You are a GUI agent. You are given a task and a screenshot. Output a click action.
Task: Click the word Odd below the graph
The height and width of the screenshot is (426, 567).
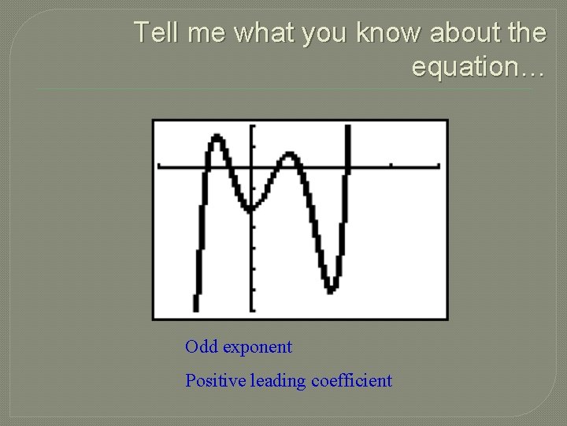tap(202, 347)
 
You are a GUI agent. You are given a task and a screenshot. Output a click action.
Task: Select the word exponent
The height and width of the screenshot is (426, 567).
tap(257, 347)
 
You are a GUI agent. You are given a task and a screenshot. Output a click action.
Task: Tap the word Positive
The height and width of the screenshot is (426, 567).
tap(216, 381)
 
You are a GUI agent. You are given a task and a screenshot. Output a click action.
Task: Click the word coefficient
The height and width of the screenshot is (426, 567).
tap(351, 381)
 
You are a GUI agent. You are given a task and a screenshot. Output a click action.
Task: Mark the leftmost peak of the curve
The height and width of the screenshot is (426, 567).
tap(216, 140)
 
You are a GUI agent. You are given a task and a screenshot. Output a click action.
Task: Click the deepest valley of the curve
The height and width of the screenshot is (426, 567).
tap(332, 289)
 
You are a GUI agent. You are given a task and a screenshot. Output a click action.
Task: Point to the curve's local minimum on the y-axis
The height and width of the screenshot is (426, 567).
tap(251, 208)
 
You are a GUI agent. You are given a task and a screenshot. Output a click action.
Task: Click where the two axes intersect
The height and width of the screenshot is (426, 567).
tap(252, 166)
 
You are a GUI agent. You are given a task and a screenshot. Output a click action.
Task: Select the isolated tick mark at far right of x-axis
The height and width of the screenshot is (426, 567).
tap(391, 165)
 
